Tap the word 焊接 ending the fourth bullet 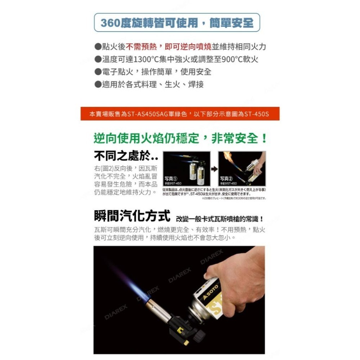(196, 84)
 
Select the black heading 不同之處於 (122, 157)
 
